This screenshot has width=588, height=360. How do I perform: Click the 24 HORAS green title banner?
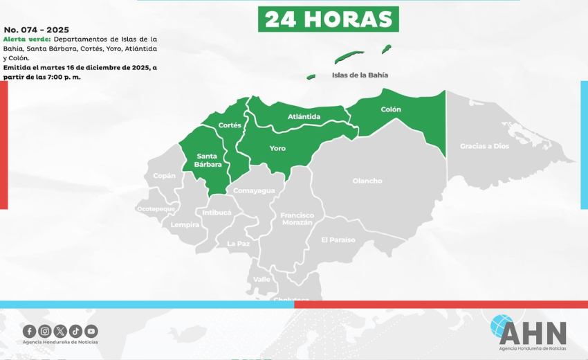[x=328, y=19]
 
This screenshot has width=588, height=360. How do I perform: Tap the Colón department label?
[x=391, y=109]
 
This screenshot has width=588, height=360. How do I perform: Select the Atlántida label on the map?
[x=304, y=116]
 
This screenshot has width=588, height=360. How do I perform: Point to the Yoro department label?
[x=277, y=148]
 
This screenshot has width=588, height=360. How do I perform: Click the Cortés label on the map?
[x=230, y=125]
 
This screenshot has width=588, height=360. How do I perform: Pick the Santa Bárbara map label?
[x=208, y=160]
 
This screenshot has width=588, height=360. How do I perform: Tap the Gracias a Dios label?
[x=484, y=146]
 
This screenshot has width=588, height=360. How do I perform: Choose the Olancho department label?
[x=367, y=181]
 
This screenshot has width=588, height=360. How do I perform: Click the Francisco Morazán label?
[x=297, y=219]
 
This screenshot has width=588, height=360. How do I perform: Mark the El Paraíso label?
[x=338, y=240]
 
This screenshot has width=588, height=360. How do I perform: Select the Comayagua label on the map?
[x=254, y=190]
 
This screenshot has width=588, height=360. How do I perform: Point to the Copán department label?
[x=165, y=176]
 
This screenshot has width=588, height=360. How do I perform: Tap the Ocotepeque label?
[x=156, y=208]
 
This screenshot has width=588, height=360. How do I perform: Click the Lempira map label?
[x=185, y=224]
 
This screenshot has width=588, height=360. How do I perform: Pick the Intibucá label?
[x=217, y=213]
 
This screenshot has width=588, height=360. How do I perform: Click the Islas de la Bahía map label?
[x=360, y=75]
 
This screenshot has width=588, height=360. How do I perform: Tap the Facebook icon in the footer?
[x=29, y=331]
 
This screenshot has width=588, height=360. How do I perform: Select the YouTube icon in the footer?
[x=91, y=331]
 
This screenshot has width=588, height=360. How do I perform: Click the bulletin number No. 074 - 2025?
[x=37, y=30]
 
